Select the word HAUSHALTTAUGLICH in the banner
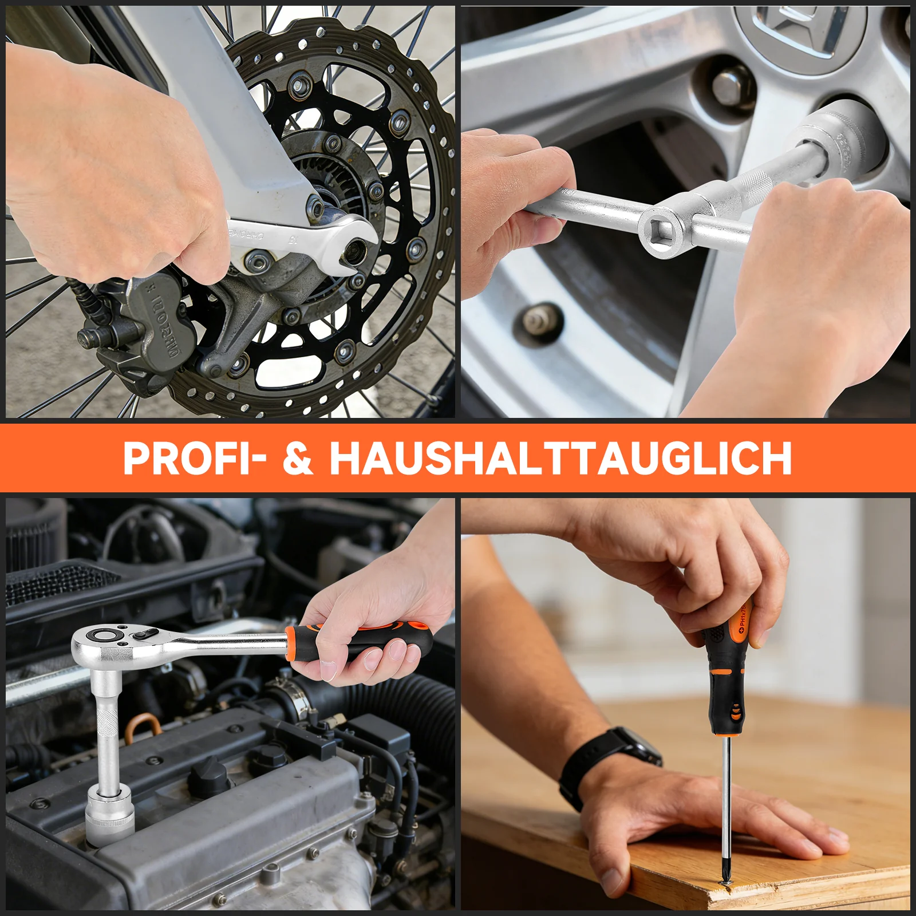point(560,458)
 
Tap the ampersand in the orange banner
point(298,458)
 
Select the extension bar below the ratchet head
point(107,727)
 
